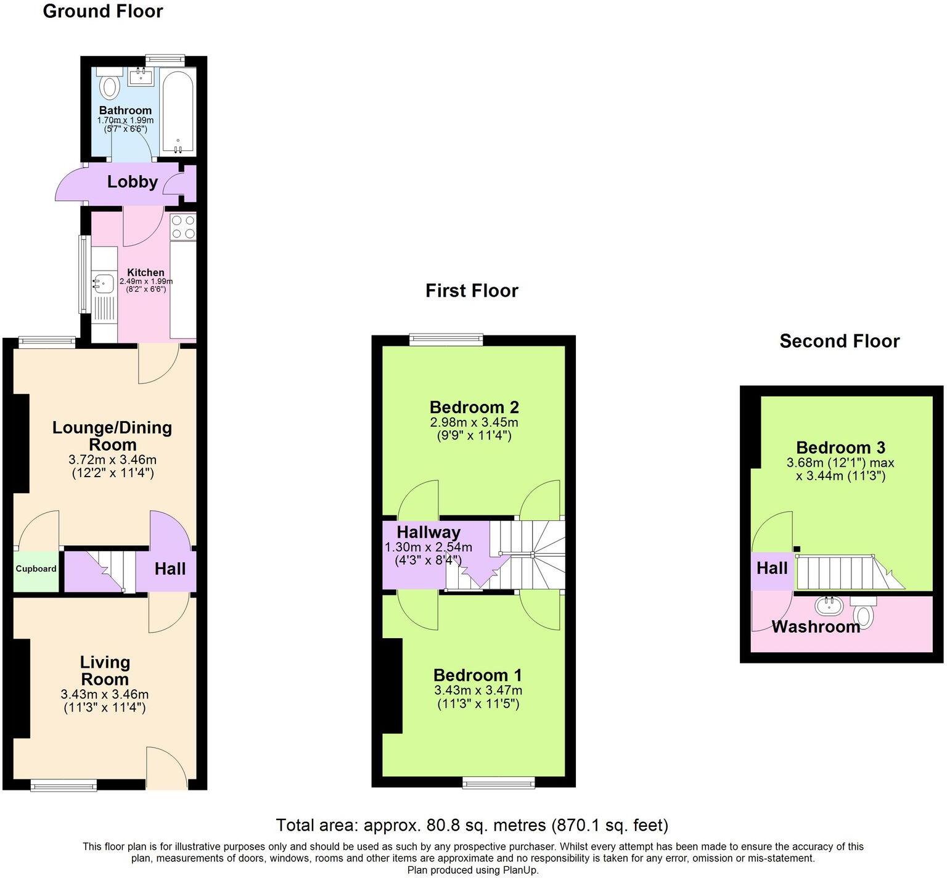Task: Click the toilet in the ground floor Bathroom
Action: pos(110,86)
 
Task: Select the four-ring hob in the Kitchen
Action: pos(183,226)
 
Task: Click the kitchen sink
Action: pos(103,284)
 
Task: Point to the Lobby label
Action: pos(132,182)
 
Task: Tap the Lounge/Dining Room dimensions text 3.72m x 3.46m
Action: pos(112,460)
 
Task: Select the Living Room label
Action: pos(105,671)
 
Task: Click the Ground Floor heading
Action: pos(102,11)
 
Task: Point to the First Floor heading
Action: pos(472,290)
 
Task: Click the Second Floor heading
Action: pos(839,341)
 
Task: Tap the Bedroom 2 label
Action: pos(474,407)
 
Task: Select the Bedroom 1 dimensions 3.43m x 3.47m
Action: pos(478,690)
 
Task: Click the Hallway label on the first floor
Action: pos(428,532)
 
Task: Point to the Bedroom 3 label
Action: pos(840,448)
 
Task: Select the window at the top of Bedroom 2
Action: pos(447,337)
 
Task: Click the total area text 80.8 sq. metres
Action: pos(472,825)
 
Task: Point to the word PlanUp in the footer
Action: pos(519,870)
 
